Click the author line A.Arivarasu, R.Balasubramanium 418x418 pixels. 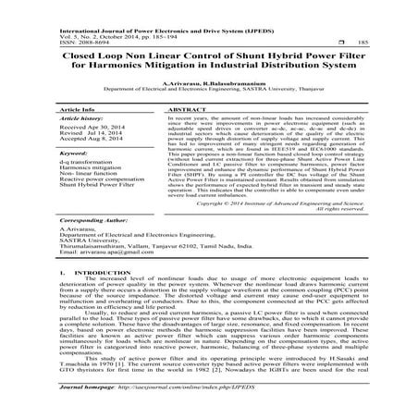click(208, 82)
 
